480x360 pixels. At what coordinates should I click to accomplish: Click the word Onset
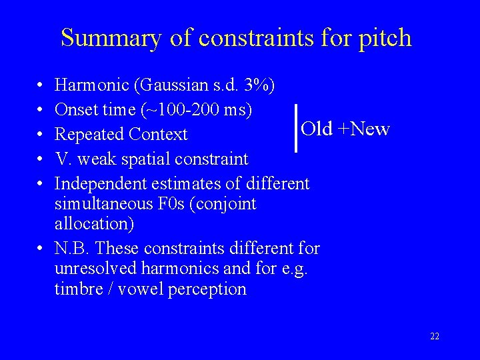(x=76, y=109)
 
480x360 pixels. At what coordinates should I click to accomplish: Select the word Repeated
(x=89, y=134)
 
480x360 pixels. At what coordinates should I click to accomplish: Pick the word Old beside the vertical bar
(x=317, y=129)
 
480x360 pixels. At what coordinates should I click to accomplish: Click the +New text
(x=363, y=129)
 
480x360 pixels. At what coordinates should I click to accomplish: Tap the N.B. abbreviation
(x=73, y=249)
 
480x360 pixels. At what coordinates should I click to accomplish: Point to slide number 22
(x=435, y=336)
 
